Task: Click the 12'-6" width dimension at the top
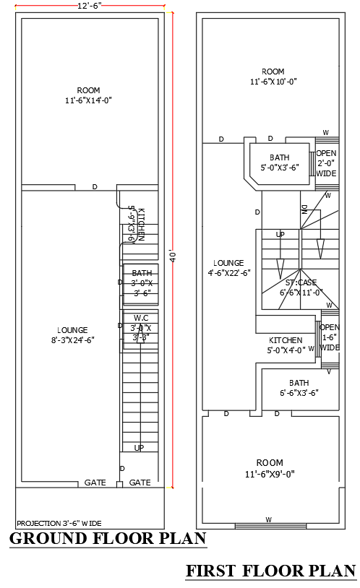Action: [90, 5]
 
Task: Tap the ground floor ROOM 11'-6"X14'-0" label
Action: [90, 95]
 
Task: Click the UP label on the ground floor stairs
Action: [139, 448]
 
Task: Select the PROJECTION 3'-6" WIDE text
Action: [59, 522]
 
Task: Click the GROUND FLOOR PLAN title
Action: [108, 538]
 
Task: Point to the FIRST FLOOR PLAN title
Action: [271, 571]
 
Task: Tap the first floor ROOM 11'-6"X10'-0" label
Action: [273, 77]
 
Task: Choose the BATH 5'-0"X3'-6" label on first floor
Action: [279, 163]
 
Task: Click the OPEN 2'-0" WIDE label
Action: [327, 163]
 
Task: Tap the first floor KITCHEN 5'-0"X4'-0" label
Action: [286, 345]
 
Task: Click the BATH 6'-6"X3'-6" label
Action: [299, 388]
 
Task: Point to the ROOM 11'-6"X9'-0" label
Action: [270, 468]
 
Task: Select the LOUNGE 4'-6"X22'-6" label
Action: [228, 268]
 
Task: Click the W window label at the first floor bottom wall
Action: [268, 519]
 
